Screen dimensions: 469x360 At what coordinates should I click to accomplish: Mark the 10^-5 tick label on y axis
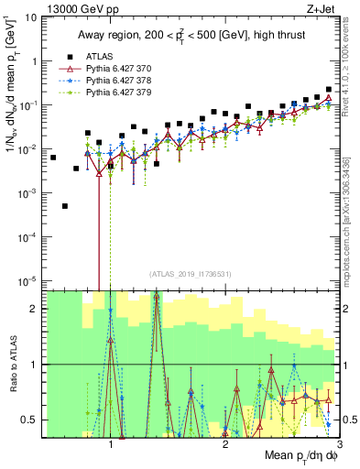[29, 280]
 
